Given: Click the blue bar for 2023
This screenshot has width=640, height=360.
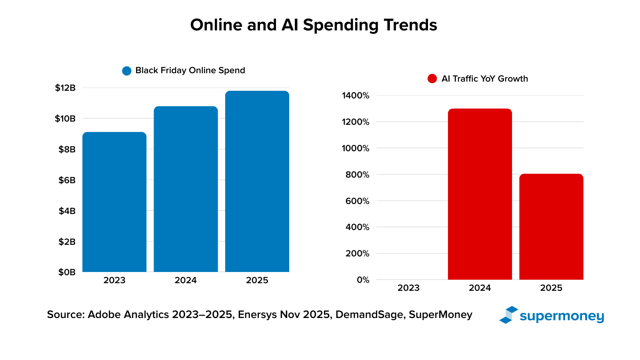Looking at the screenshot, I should coord(114,202).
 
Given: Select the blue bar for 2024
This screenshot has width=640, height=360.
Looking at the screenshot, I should coord(186,189).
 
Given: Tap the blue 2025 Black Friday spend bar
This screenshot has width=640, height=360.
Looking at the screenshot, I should coord(257,181).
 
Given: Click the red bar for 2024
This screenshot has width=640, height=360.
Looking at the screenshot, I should coord(480,194).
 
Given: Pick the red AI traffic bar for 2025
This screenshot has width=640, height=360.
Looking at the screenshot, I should coord(551,227).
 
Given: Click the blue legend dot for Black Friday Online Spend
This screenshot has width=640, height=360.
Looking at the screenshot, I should coord(127,71).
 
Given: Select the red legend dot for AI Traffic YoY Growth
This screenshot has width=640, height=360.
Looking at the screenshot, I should coord(432,79).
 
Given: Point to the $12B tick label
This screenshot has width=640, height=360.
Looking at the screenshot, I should coord(65,88).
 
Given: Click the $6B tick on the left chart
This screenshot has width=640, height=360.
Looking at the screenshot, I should coord(67,180).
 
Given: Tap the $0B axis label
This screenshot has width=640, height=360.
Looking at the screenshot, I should coord(67,272).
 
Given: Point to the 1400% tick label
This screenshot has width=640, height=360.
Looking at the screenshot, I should coord(356,96).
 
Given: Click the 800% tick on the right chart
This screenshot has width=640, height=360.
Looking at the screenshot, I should coord(358,175).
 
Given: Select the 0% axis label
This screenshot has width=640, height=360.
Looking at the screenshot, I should coord(363,280).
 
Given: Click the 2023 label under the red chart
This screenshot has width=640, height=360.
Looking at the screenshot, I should coord(408,288).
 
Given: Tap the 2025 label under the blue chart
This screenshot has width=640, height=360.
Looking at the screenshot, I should coord(257,280).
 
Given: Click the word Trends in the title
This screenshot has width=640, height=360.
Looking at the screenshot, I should coord(410,25).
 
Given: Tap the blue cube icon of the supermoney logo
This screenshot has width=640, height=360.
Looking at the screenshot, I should coord(508,315).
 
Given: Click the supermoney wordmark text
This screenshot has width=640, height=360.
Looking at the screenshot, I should coord(562,316).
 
